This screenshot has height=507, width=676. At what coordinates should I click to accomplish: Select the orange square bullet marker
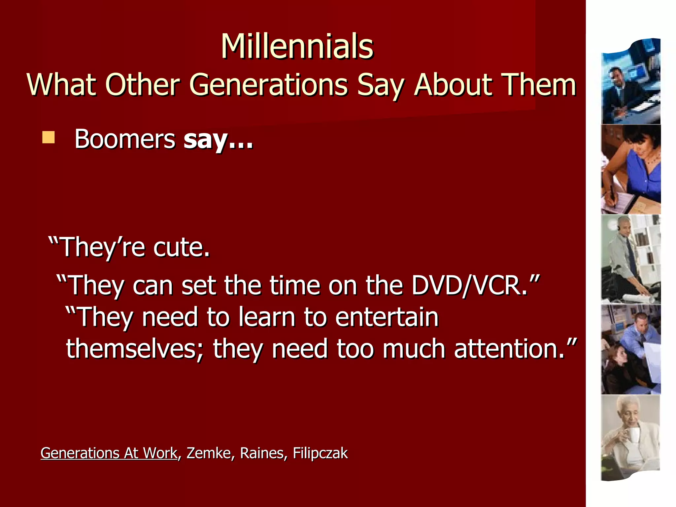click(x=48, y=137)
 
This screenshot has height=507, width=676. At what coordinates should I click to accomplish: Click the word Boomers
click(x=125, y=139)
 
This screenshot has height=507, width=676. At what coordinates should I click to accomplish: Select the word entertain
click(x=387, y=317)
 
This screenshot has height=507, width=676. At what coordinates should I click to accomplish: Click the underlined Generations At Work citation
click(x=109, y=453)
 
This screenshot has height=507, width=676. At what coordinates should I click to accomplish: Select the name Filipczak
click(x=320, y=453)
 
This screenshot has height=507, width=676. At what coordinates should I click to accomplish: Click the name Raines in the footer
click(x=261, y=453)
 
